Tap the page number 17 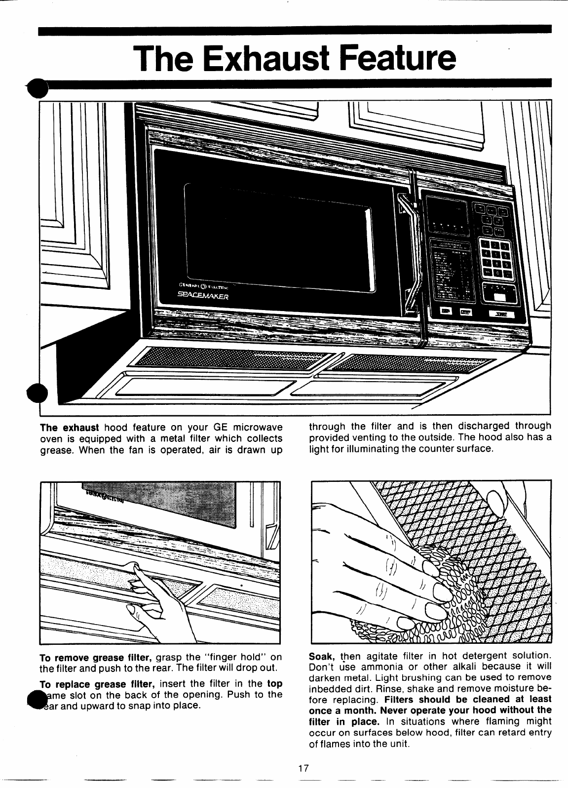point(303,768)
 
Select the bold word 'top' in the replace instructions point(274,684)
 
